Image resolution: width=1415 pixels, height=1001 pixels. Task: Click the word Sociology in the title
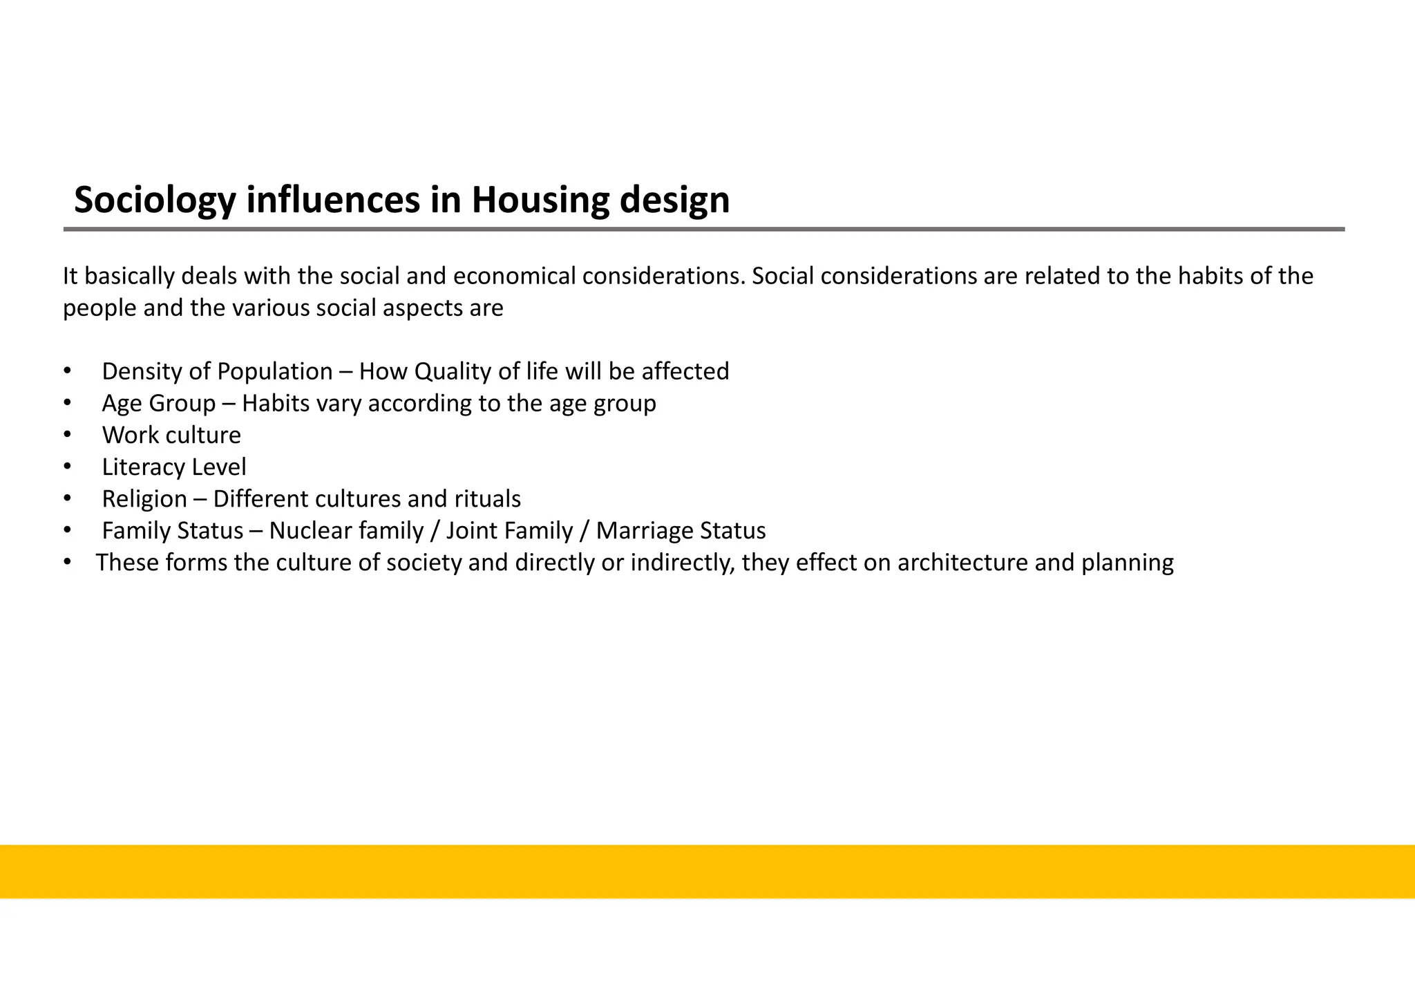coord(155,200)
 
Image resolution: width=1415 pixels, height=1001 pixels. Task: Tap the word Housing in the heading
coord(540,200)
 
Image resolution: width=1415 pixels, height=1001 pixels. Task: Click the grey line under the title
coord(703,229)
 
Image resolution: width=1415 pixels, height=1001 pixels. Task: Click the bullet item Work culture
coord(171,436)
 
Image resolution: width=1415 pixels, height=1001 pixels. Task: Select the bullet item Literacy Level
coord(174,467)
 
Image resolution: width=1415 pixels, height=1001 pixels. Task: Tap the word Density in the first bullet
coord(142,372)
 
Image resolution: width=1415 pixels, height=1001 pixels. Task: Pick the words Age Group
coord(159,404)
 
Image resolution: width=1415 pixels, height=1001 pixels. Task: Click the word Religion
coord(144,499)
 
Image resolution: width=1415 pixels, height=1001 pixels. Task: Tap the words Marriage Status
coord(681,531)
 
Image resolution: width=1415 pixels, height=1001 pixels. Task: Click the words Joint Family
coord(509,531)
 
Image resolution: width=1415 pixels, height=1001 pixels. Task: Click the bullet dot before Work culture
coord(67,435)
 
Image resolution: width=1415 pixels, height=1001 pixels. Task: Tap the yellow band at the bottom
coord(707,871)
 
